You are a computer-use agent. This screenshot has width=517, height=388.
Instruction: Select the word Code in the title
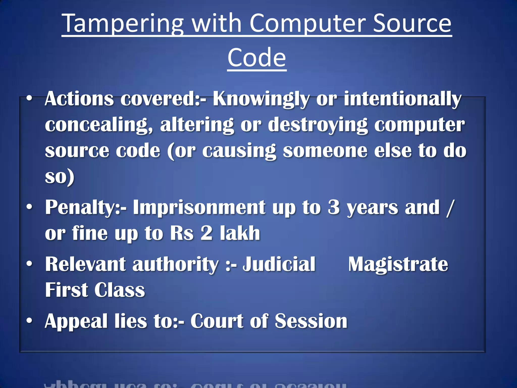pos(257,58)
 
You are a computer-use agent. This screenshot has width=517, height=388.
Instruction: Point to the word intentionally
pos(402,99)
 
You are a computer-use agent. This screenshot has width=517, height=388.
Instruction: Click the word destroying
pos(318,125)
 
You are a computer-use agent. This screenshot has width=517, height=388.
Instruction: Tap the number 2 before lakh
pos(206,233)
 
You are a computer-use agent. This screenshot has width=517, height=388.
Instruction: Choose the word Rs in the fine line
pos(182,233)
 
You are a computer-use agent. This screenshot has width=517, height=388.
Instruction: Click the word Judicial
pos(279,264)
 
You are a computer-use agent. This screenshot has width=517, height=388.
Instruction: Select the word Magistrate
pos(398,264)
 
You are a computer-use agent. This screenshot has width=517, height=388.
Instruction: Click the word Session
pos(311,321)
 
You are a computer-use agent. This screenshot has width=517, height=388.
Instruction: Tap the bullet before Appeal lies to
pos(30,321)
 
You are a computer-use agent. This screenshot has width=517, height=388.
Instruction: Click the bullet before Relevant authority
pos(30,264)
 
